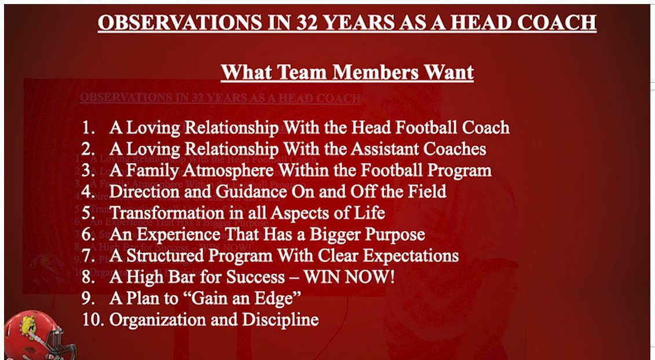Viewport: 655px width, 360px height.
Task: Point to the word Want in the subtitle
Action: coord(448,72)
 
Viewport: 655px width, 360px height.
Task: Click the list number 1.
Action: coord(87,127)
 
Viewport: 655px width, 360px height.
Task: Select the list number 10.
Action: coord(91,319)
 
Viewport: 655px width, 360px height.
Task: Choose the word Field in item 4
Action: coord(425,192)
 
